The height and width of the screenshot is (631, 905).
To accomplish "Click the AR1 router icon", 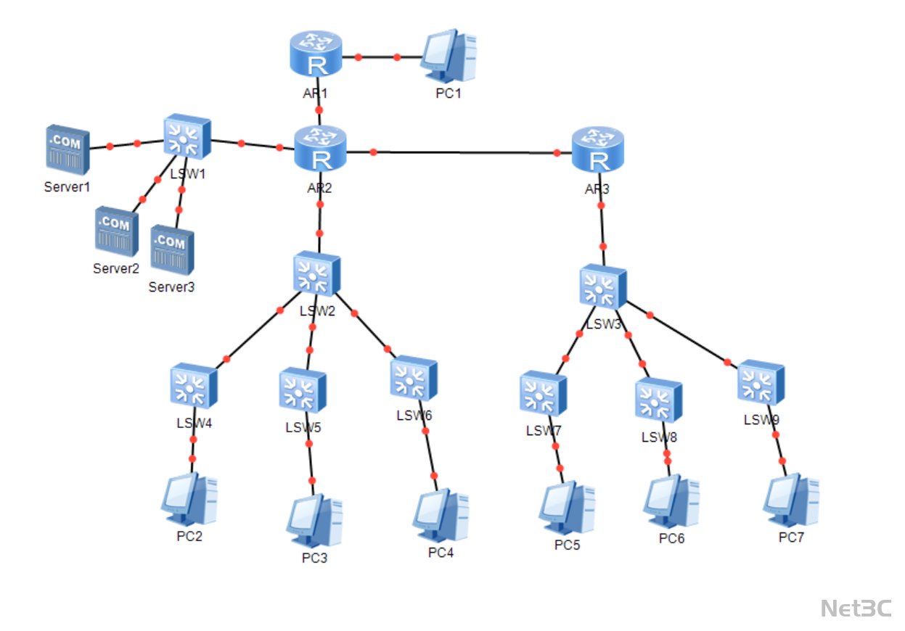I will (316, 54).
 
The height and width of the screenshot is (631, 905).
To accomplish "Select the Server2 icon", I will (116, 231).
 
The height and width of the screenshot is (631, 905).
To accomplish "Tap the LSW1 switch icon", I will (187, 136).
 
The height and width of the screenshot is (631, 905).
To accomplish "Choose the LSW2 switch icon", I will (317, 274).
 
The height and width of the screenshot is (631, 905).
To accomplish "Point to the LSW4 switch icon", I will (194, 386).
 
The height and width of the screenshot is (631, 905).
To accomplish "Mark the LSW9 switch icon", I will (761, 382).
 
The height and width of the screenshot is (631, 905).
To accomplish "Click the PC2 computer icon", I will (189, 500).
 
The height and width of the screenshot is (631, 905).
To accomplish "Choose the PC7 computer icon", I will (791, 500).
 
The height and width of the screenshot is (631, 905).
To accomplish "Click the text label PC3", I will (315, 558).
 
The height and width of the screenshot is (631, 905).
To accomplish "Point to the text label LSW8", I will (659, 438).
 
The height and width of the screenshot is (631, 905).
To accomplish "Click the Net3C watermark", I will (856, 609).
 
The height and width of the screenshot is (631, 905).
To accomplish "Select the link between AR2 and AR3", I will (464, 153).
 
